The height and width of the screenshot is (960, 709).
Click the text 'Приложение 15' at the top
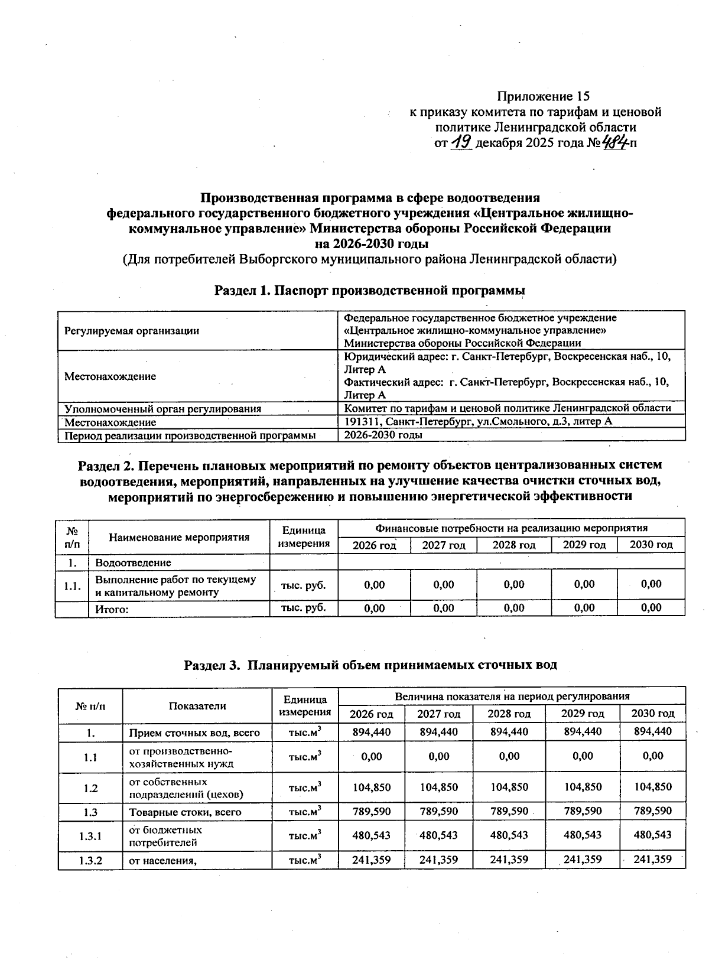tap(543, 96)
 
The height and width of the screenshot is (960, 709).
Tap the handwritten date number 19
tap(461, 142)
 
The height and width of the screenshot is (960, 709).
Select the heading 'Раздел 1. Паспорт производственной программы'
tap(370, 290)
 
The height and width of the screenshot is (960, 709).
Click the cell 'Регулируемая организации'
tap(131, 331)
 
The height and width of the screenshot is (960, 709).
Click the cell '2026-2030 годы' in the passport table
tap(383, 435)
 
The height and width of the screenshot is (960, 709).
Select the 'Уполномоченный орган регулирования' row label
tap(162, 408)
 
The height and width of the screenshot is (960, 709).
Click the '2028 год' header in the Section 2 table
tap(514, 545)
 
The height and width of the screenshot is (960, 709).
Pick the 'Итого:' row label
tap(112, 609)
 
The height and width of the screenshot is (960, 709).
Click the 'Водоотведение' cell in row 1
tap(133, 562)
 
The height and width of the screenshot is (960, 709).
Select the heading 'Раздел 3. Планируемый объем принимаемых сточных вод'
tap(370, 665)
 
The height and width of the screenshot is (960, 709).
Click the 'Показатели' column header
tap(197, 705)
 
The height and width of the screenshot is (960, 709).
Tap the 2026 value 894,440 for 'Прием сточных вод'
tap(371, 731)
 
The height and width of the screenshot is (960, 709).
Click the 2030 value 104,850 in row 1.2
tap(652, 787)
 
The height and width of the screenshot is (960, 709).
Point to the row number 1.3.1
tap(90, 836)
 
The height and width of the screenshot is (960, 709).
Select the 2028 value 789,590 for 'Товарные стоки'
tap(509, 811)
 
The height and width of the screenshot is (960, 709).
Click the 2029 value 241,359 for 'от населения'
tap(583, 860)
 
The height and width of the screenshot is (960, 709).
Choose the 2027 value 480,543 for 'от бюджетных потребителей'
tap(438, 835)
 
